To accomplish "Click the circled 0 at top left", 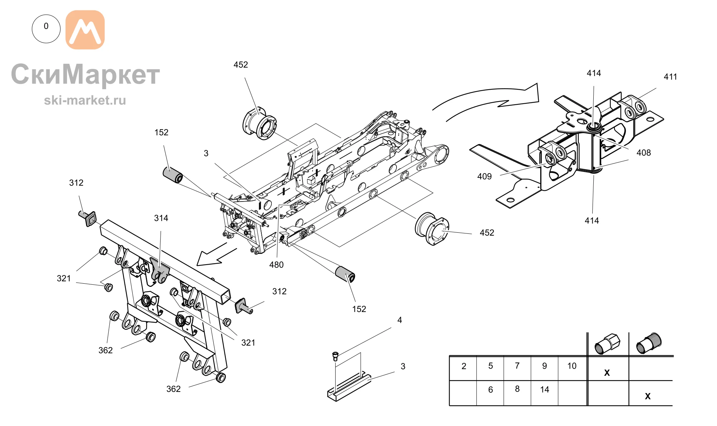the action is click(x=46, y=29).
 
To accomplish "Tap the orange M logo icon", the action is click(x=85, y=30).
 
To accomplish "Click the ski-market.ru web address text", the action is click(x=85, y=100).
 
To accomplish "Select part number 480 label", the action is click(x=276, y=265).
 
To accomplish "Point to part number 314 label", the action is click(x=161, y=218).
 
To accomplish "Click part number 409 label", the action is click(x=484, y=176).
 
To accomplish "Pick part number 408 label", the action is click(x=644, y=153).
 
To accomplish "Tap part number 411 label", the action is click(x=670, y=77).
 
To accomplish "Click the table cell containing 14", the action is click(x=545, y=393).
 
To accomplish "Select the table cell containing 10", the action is click(x=572, y=368).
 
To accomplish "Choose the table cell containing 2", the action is click(x=463, y=368).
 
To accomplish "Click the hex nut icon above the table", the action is click(x=607, y=344).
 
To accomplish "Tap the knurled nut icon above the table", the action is click(x=649, y=343).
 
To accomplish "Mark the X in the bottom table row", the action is click(x=647, y=396).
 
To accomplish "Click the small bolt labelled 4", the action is click(x=335, y=356).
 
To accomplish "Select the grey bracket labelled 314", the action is click(x=159, y=270).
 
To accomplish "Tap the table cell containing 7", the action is click(x=517, y=368).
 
